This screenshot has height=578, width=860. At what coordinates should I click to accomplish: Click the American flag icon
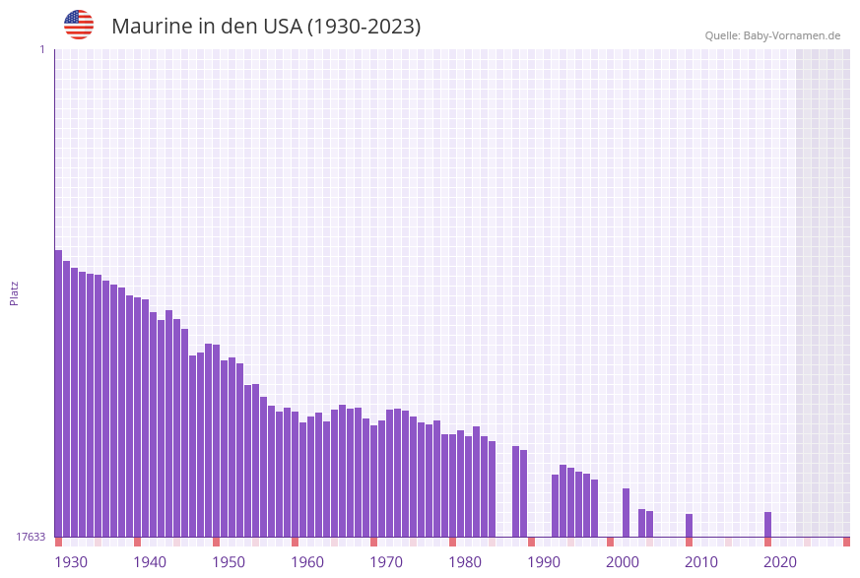[79, 25]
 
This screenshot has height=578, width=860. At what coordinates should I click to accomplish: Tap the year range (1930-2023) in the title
[364, 27]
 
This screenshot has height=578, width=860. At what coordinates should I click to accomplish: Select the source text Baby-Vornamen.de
[792, 35]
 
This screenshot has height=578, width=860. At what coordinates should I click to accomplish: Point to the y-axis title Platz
[15, 292]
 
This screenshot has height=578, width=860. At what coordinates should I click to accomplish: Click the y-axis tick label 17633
[31, 537]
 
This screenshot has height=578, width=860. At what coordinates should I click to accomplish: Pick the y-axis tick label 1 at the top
[41, 49]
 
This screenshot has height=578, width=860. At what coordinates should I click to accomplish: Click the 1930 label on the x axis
[71, 562]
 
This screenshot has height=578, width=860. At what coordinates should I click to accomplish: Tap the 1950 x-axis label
[229, 562]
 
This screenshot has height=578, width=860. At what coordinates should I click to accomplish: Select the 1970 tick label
[386, 562]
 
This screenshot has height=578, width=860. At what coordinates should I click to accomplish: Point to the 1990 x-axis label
[544, 562]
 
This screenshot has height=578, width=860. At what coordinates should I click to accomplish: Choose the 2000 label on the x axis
[623, 562]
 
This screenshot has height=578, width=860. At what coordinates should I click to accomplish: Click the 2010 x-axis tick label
[701, 562]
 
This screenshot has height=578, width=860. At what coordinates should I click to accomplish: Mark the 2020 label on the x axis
[780, 562]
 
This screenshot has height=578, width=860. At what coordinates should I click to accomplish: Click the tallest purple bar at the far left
[58, 394]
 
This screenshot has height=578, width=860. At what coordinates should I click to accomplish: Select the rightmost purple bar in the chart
[767, 525]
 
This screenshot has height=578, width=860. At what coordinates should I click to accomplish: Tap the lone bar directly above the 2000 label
[626, 512]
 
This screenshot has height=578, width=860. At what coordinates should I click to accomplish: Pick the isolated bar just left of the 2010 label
[689, 526]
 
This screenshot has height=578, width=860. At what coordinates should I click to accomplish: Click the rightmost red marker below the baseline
[846, 542]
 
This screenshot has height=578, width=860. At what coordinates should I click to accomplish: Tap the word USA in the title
[283, 27]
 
